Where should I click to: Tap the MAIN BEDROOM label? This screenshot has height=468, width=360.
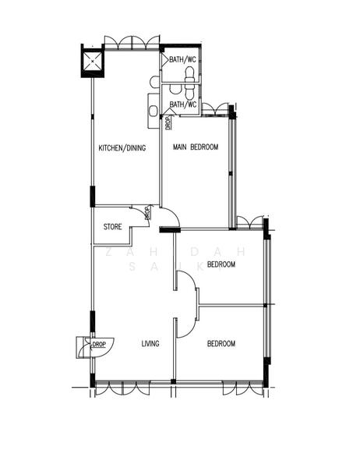(x=195, y=147)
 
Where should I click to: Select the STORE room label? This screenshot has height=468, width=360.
(x=113, y=228)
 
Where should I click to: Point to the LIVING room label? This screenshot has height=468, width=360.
(x=150, y=343)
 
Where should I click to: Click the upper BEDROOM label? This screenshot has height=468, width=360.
(x=221, y=264)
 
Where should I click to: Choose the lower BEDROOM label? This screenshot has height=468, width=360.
(x=221, y=343)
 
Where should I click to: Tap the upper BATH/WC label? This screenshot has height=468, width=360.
(x=182, y=57)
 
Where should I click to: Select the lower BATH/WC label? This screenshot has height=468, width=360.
(x=182, y=104)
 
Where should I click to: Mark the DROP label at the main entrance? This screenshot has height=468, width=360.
(x=99, y=344)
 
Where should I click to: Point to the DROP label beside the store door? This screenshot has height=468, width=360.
(x=146, y=213)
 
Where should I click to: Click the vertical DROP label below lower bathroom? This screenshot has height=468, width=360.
(x=167, y=122)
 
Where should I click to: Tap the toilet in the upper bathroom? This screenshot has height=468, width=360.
(x=190, y=73)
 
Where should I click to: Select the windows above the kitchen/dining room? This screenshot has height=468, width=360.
(x=132, y=43)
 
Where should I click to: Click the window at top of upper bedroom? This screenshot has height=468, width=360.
(x=250, y=223)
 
